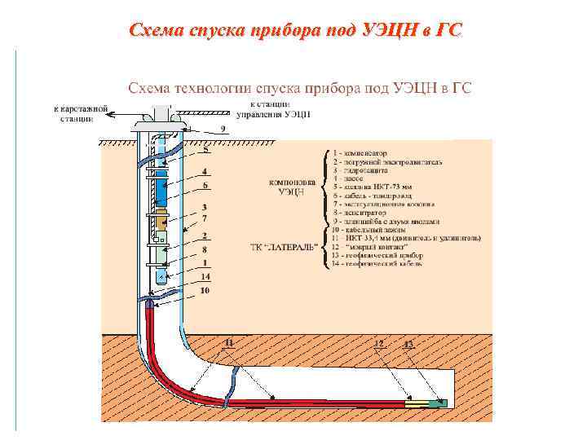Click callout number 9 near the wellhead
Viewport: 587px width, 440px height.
[x=222, y=130]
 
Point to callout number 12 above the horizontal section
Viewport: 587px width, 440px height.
[x=378, y=345]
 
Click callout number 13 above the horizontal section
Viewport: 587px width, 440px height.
[x=409, y=345]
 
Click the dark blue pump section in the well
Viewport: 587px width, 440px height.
[x=161, y=196]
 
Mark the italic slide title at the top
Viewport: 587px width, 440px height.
[x=294, y=31]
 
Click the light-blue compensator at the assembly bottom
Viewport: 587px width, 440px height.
[x=161, y=276]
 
